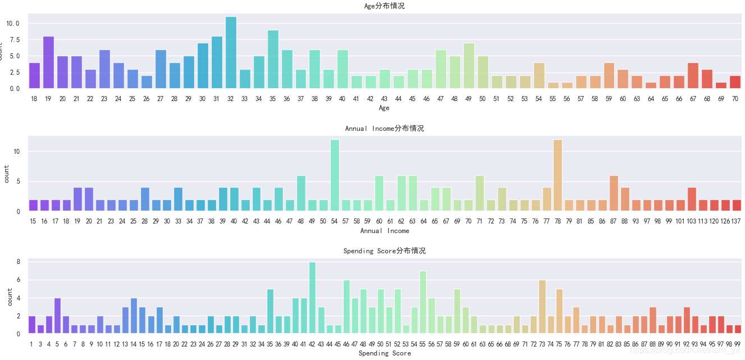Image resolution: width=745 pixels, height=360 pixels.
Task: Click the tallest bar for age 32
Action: (x=231, y=53)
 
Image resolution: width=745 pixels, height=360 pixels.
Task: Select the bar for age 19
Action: (x=48, y=62)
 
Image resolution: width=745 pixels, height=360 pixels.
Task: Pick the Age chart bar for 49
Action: (x=469, y=66)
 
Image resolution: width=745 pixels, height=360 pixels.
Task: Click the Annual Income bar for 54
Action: (x=335, y=175)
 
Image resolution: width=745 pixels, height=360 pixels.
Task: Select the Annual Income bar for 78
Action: (x=558, y=175)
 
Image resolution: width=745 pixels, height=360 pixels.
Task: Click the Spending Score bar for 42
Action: (x=312, y=298)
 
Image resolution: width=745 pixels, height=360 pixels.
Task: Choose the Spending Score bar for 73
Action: (x=542, y=307)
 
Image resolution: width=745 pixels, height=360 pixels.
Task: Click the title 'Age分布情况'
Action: (x=384, y=6)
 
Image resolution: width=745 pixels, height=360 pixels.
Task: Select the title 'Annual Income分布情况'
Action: (x=384, y=128)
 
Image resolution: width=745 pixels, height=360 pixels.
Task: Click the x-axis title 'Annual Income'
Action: (x=384, y=231)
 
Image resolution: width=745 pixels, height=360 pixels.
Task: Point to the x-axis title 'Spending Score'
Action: (x=385, y=353)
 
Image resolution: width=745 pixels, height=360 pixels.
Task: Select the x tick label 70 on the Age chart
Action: (x=735, y=99)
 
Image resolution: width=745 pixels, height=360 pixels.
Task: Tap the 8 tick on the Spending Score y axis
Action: (x=18, y=262)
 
